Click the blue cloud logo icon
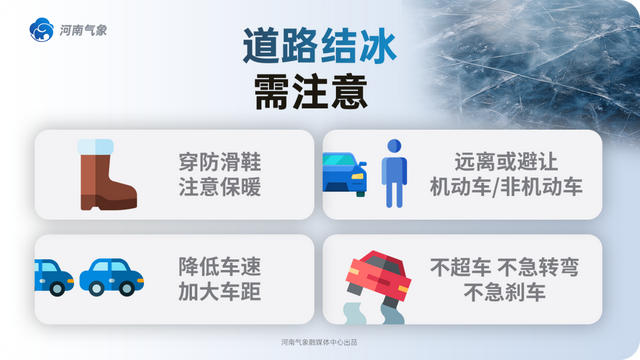tap(43, 30)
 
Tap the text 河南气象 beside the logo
tap(84, 30)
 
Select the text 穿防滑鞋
tap(220, 160)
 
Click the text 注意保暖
tap(220, 186)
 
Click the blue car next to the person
tap(344, 174)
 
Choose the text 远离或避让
tap(505, 160)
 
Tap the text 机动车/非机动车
tap(505, 186)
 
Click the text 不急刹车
tap(505, 293)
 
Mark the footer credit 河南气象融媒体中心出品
tap(319, 342)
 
